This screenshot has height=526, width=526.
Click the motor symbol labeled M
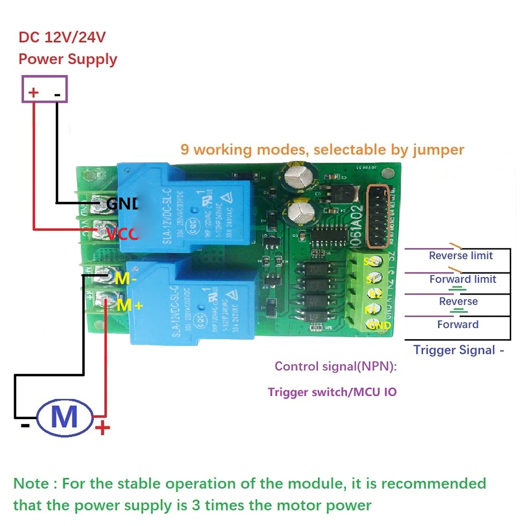point(65,417)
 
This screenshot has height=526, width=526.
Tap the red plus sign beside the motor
point(103,427)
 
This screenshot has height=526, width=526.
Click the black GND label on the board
point(122,204)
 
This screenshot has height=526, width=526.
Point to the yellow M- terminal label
point(126,279)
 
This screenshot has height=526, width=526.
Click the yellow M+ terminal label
point(129,305)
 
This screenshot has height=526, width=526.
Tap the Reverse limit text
point(461,256)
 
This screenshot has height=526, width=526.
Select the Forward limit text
point(462,279)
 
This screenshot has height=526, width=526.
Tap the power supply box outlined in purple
point(45,89)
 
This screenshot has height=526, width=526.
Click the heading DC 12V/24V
point(63,38)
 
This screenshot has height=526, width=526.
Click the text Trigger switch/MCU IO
point(332,392)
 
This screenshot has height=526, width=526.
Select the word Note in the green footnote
point(31,483)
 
